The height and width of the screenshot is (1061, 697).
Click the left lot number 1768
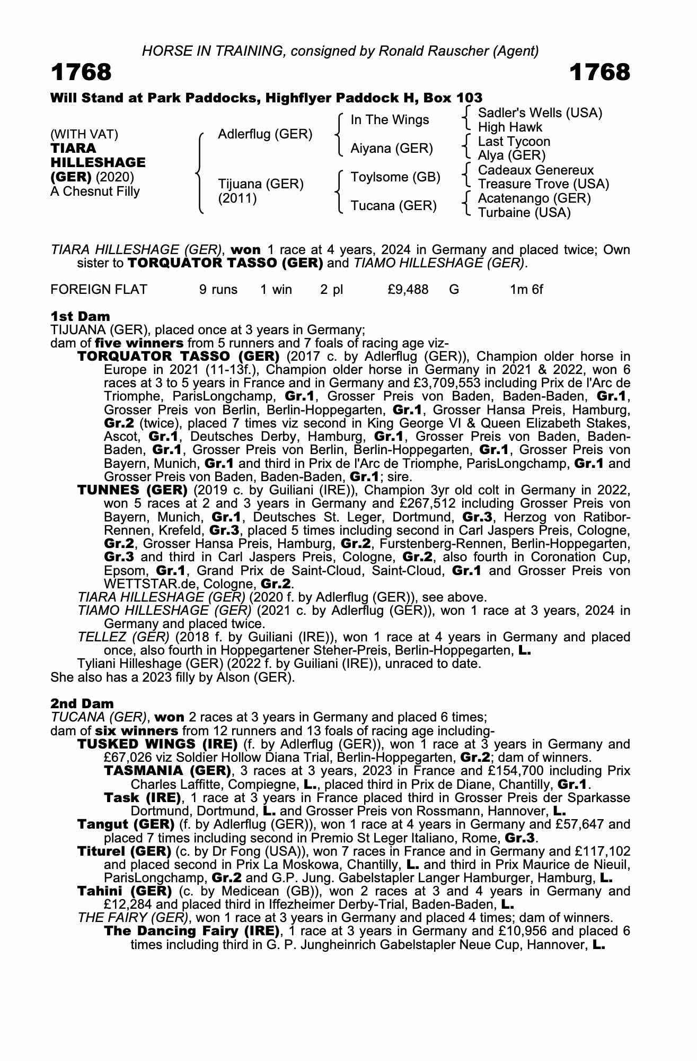[x=81, y=73]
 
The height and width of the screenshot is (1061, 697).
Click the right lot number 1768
[x=599, y=73]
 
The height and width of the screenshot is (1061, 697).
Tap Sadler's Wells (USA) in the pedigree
[x=540, y=113]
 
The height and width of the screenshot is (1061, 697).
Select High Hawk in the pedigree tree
[x=510, y=127]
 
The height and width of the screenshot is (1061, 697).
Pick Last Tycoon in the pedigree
[x=514, y=142]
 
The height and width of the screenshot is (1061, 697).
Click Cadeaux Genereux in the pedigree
[x=535, y=170]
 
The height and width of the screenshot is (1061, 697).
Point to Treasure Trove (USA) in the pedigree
[x=543, y=184]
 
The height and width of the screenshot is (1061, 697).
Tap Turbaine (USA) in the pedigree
[x=524, y=213]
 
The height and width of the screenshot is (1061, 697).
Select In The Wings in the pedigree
[x=390, y=120]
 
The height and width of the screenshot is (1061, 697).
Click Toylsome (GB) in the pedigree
[x=395, y=177]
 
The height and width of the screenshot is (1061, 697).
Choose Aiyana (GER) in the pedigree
[x=392, y=149]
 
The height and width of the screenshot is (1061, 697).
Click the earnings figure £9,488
[x=408, y=290]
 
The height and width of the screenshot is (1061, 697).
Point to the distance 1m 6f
[x=526, y=290]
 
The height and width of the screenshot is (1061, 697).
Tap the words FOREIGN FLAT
[x=99, y=290]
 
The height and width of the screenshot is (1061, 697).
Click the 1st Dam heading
[x=80, y=316]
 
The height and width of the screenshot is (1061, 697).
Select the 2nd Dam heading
[x=82, y=703]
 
